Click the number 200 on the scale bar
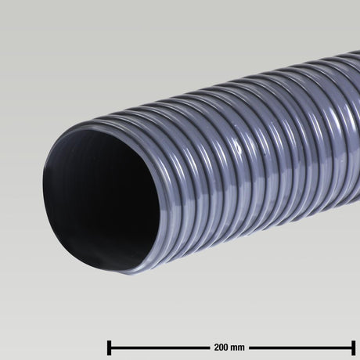click(x=219, y=345)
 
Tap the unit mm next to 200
click(x=236, y=345)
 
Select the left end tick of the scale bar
click(x=108, y=345)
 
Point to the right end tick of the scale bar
click(x=354, y=345)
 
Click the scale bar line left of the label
click(x=157, y=345)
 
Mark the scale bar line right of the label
click(x=301, y=345)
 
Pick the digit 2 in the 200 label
click(x=214, y=345)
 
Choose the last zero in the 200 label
click(x=225, y=345)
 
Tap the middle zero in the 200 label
click(x=219, y=345)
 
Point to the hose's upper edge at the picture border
click(x=358, y=52)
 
